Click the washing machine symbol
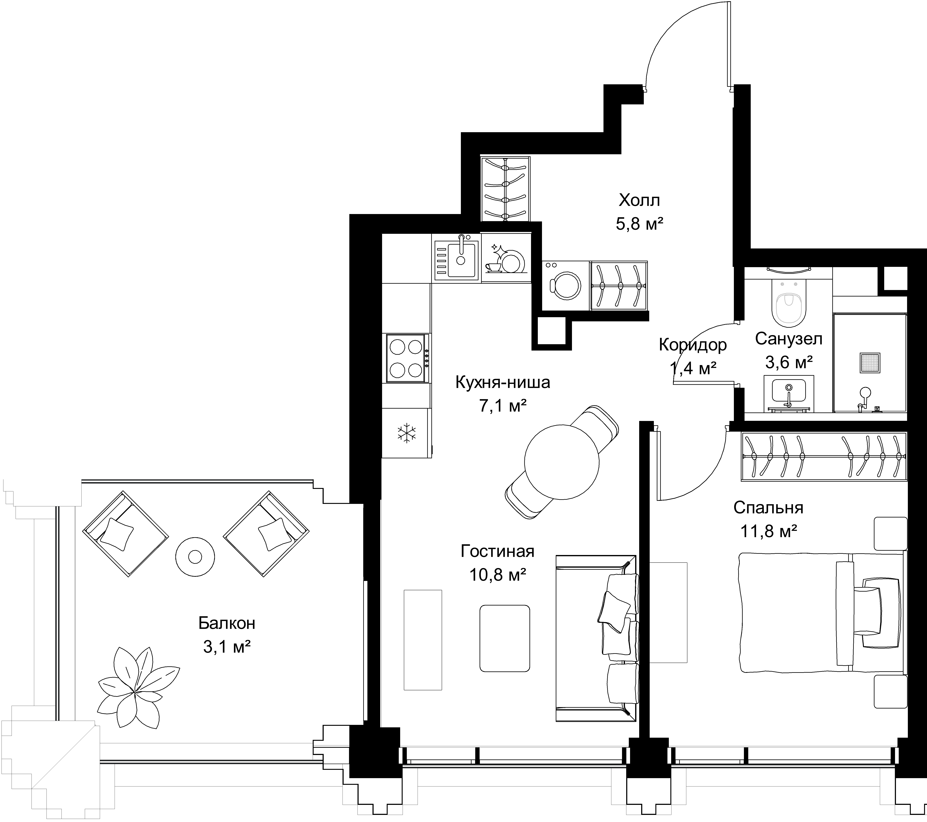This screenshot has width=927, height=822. tap(565, 286)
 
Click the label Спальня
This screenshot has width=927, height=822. tap(768, 508)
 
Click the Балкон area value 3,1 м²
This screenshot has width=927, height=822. tap(227, 647)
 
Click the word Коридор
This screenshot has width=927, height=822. tap(692, 345)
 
